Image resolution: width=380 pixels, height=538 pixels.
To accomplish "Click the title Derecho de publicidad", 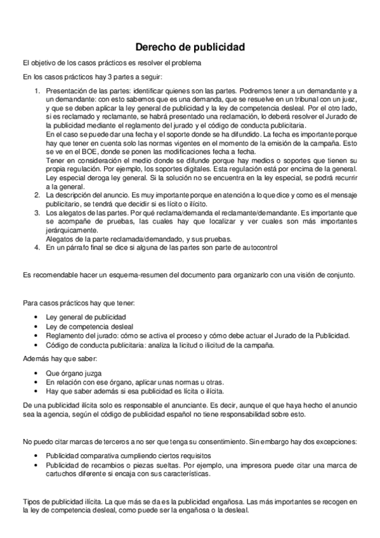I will coord(190,47).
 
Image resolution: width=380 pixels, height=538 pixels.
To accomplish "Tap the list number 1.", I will coord(37,92).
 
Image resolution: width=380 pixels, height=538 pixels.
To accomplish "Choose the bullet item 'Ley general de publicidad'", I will coord(86,317).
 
